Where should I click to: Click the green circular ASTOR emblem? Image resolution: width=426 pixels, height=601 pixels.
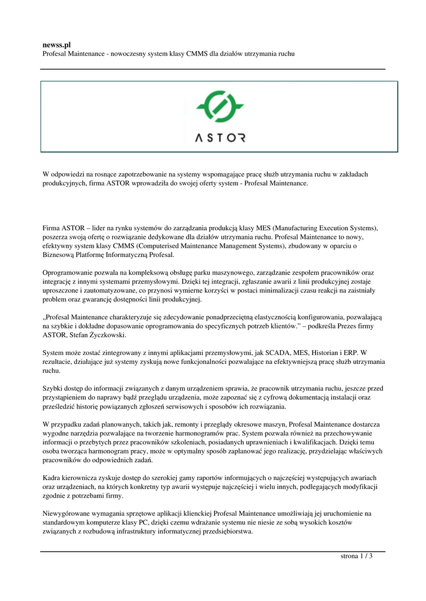tap(220, 107)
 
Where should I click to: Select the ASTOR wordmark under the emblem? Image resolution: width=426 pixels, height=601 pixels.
tap(220, 139)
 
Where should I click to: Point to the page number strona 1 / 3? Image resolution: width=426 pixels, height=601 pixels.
tap(357, 556)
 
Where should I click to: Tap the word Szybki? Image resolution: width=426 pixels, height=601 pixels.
tap(53, 388)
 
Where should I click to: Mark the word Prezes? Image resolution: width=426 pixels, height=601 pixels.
tap(348, 326)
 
